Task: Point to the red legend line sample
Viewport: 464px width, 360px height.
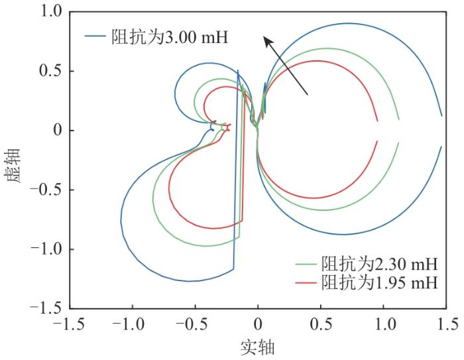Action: point(306,283)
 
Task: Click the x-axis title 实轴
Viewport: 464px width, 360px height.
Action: point(258,347)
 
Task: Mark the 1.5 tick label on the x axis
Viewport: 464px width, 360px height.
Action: point(447,325)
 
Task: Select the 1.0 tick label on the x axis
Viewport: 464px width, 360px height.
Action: point(384,325)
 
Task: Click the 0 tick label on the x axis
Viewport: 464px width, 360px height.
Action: point(258,325)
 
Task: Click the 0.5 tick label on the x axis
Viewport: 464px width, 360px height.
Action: point(321,325)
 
